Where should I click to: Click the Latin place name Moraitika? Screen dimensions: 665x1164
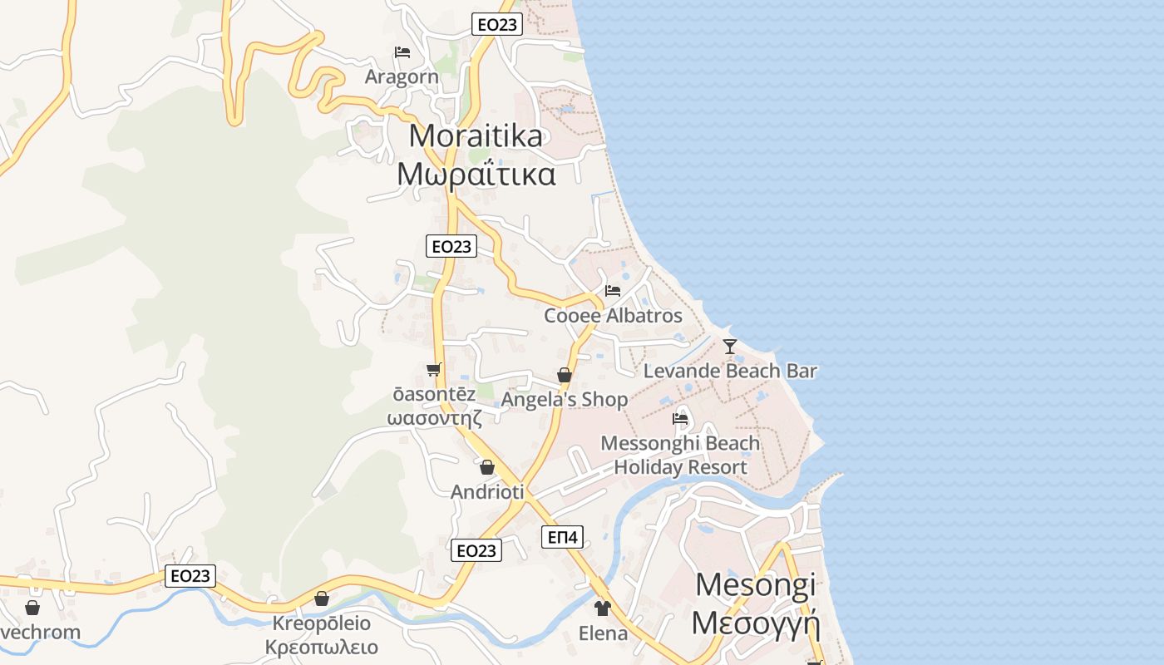476,135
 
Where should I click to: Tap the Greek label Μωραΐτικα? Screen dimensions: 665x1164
476,175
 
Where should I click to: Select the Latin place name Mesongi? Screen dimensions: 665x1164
755,585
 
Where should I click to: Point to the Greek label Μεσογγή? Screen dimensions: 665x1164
755,623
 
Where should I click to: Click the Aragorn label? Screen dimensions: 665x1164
402,76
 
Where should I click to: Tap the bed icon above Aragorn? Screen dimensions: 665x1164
402,52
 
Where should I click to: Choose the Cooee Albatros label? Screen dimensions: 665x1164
613,316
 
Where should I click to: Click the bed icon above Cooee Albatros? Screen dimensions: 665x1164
613,291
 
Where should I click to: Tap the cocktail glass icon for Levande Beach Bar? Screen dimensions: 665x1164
730,346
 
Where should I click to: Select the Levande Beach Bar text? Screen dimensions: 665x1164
730,371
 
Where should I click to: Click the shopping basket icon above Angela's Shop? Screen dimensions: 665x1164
565,375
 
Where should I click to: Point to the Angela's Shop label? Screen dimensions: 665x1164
565,400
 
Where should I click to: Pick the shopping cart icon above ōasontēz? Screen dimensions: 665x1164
432,369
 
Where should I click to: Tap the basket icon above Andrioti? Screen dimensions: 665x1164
487,467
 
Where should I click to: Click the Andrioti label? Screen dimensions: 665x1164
487,492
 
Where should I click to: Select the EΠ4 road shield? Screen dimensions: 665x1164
564,537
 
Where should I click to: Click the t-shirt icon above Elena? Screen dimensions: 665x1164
603,608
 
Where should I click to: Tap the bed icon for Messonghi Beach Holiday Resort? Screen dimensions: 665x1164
680,418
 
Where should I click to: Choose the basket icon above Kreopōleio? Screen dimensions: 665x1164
322,598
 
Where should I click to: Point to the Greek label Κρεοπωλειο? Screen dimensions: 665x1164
322,648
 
